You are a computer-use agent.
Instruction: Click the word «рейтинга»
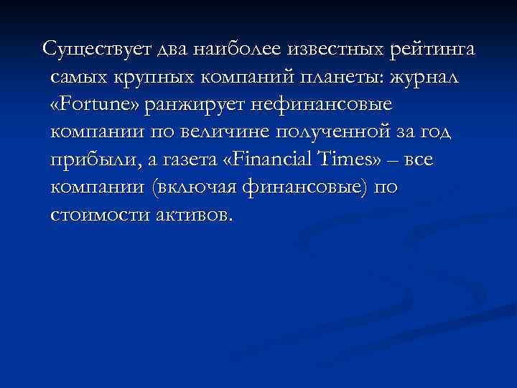point(436,50)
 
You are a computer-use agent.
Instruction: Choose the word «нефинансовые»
point(323,105)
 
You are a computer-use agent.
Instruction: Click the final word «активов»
point(192,215)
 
